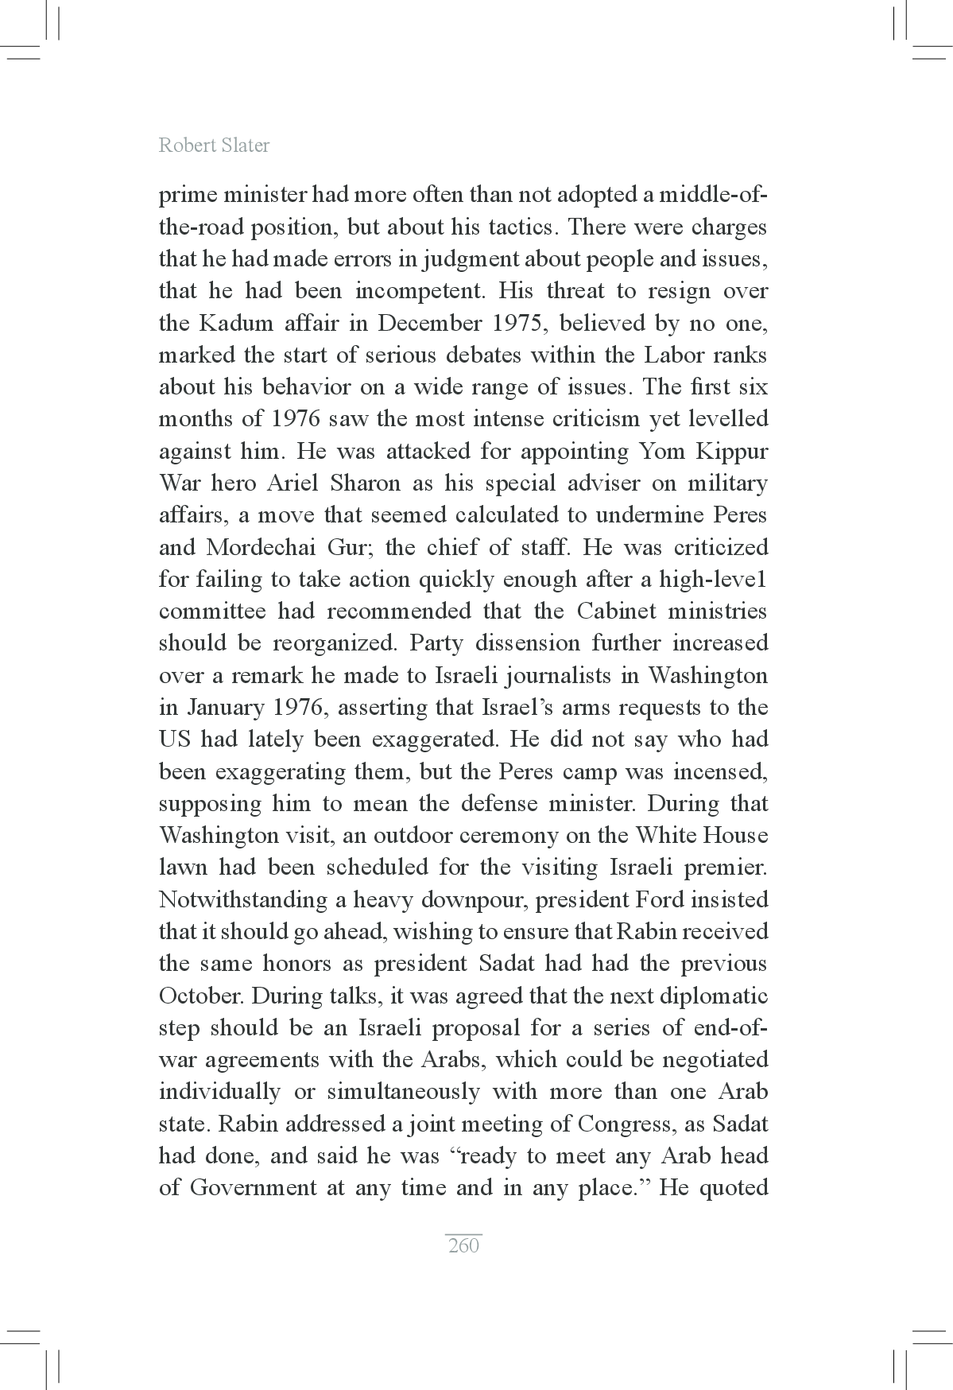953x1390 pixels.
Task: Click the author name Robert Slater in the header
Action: (214, 146)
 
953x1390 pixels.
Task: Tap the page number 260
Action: (463, 1245)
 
